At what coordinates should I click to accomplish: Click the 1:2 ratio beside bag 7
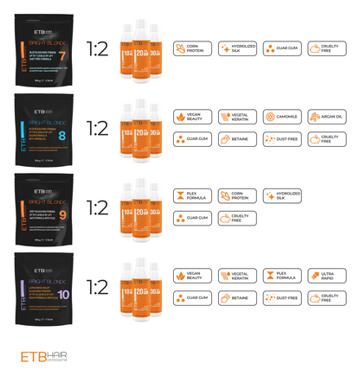pos(98,48)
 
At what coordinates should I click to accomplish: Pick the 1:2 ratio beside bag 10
pos(98,286)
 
